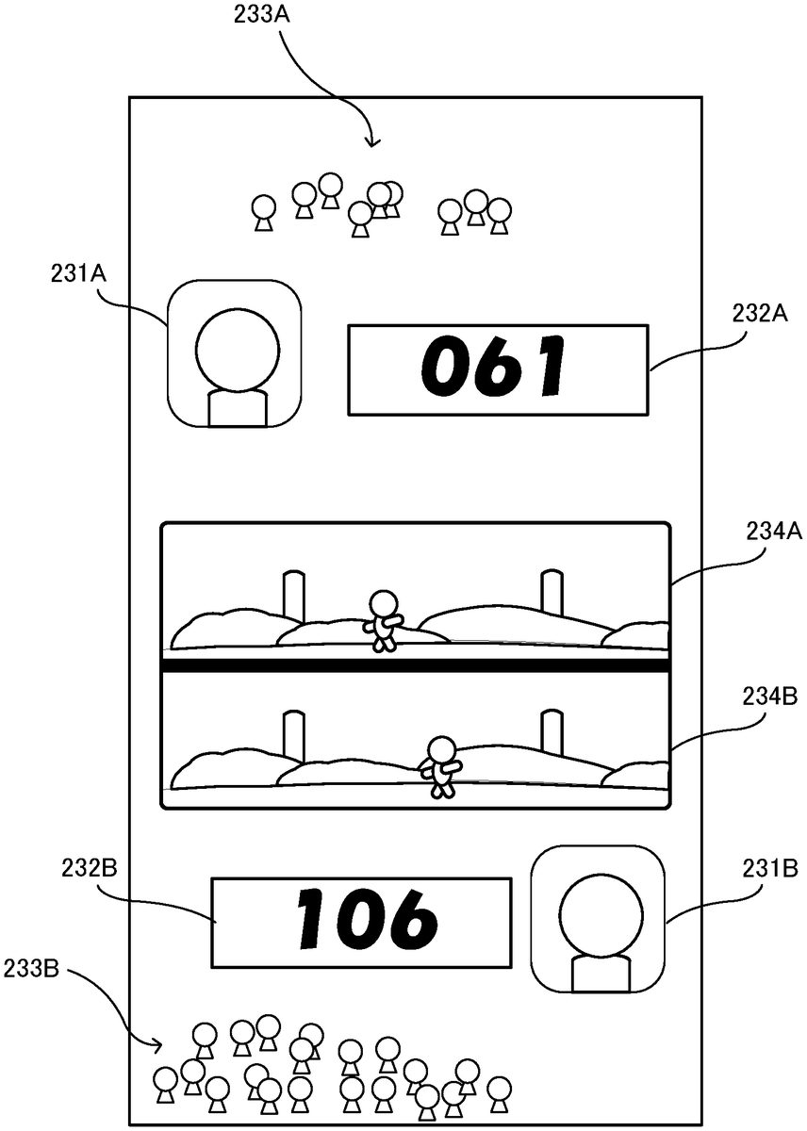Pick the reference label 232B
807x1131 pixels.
pyautogui.click(x=91, y=867)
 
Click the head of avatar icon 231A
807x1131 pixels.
pyautogui.click(x=238, y=348)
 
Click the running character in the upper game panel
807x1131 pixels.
pyautogui.click(x=382, y=619)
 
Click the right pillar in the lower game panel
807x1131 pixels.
pyautogui.click(x=552, y=733)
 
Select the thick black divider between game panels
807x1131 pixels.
pyautogui.click(x=416, y=665)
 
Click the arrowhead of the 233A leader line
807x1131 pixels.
pyautogui.click(x=372, y=142)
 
